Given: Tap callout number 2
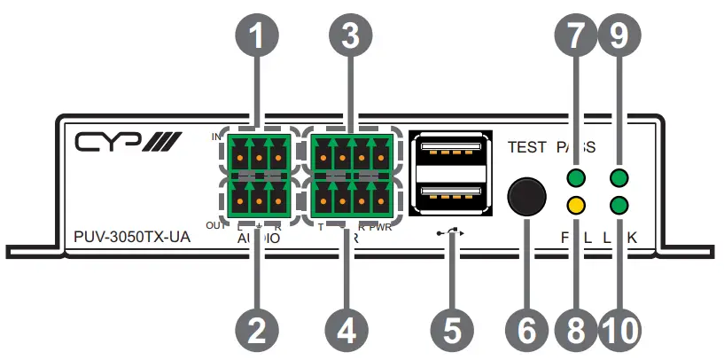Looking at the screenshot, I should point(257,329).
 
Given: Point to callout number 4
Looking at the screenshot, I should point(350,329).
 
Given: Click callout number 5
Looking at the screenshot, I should point(452,329).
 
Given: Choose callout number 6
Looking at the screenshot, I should point(527,329).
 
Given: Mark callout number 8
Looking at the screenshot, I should point(576,329).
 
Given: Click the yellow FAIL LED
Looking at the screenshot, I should point(576,207).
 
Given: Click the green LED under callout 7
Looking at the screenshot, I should point(576,176).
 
